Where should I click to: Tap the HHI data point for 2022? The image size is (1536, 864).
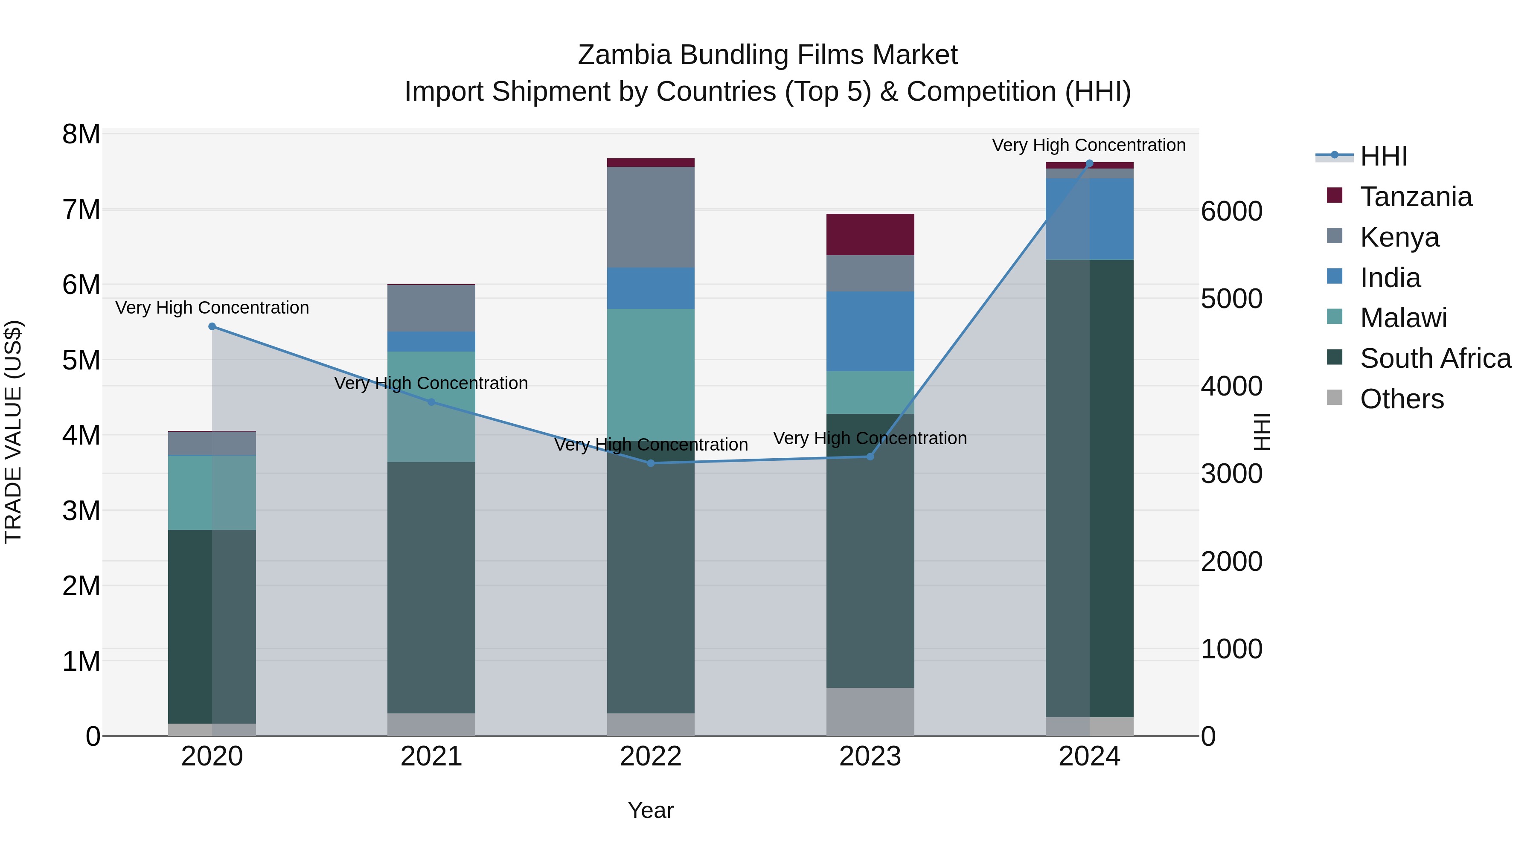[x=651, y=463]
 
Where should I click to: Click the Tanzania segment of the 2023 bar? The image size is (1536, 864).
[x=870, y=234]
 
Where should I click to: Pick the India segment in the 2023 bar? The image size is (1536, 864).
[x=870, y=332]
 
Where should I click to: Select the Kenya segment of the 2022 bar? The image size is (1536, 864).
[x=651, y=217]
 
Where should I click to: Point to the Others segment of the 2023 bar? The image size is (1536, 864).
[x=870, y=711]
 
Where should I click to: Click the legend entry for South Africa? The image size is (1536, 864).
[x=1435, y=359]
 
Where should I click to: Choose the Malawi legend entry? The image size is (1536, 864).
[x=1403, y=318]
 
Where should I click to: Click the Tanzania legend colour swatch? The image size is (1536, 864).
[x=1335, y=195]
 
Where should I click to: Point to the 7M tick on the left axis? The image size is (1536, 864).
[x=81, y=210]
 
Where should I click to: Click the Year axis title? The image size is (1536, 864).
[x=651, y=810]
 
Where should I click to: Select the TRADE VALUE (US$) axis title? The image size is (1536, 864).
[x=13, y=432]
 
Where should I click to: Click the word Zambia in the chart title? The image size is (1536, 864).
[x=625, y=55]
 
